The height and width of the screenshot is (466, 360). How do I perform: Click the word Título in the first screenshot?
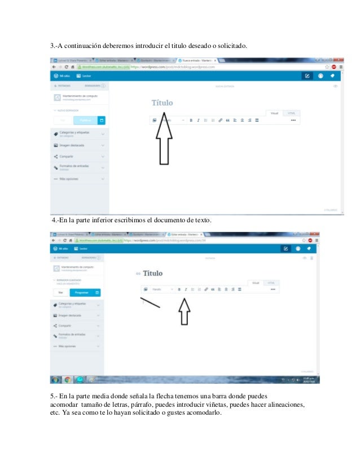pos(163,103)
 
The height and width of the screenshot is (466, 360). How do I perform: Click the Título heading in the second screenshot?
pos(152,274)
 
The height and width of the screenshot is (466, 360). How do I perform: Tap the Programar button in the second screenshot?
pos(82,293)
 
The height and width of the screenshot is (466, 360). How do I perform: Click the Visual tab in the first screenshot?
pos(275,113)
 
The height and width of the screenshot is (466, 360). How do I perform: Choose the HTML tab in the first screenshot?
pos(291,113)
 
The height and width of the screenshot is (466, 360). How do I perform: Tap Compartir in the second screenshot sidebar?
pos(66,326)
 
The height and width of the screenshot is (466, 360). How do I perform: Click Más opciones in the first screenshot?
pos(68,179)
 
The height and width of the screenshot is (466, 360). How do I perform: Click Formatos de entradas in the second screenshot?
pos(74,335)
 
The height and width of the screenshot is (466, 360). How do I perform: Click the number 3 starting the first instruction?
pos(52,45)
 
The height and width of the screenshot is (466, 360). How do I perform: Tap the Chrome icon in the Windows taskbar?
pos(68,379)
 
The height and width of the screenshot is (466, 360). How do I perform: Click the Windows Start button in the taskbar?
pos(55,379)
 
